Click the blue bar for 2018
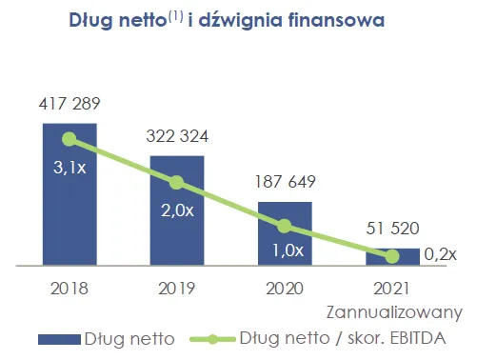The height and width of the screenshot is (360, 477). [70, 194]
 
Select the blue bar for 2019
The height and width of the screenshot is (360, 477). [177, 210]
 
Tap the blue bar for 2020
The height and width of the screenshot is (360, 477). [285, 233]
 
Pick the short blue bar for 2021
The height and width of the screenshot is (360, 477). [392, 256]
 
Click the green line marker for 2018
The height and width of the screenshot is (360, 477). [70, 139]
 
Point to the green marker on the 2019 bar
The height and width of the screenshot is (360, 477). [177, 183]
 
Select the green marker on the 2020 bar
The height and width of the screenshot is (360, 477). [285, 226]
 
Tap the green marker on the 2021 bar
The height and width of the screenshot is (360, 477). [392, 256]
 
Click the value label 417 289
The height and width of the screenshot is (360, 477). [70, 104]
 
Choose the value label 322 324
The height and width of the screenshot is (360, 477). [177, 136]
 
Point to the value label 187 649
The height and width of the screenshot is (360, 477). [285, 182]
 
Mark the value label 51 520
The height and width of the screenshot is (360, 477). [392, 229]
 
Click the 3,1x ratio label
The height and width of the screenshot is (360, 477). [70, 168]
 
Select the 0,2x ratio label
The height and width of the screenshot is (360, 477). [440, 254]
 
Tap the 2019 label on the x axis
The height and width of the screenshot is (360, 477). [177, 289]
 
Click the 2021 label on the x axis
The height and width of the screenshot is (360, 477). [391, 289]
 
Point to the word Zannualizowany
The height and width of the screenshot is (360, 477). [394, 312]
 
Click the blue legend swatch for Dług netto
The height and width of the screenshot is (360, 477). [59, 339]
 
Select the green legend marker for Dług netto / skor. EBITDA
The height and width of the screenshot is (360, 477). [212, 339]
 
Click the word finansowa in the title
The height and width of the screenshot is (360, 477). [336, 20]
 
